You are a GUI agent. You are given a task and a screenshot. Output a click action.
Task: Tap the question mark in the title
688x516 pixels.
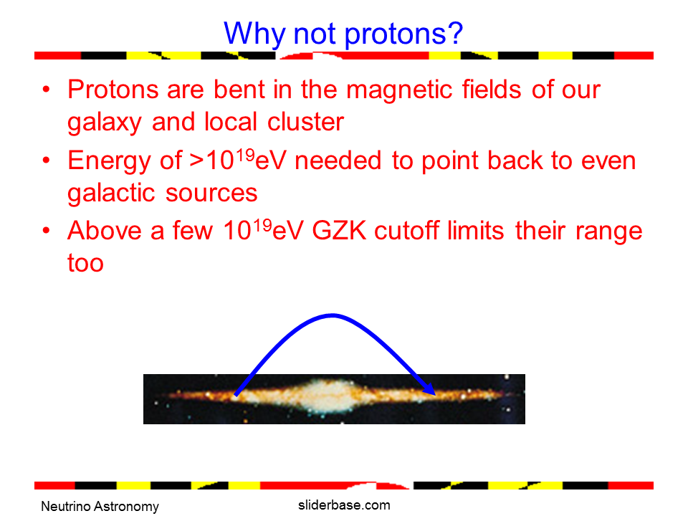(x=455, y=32)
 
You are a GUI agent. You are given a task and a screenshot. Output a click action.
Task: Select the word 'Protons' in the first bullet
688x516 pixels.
(x=113, y=90)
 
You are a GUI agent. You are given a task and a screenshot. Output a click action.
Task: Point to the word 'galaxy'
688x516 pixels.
(x=104, y=123)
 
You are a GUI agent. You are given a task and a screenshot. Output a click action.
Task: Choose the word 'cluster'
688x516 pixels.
(x=305, y=122)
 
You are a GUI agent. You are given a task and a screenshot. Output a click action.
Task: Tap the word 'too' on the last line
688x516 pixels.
(x=85, y=263)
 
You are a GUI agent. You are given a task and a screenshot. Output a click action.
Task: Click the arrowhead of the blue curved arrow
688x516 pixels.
(x=429, y=388)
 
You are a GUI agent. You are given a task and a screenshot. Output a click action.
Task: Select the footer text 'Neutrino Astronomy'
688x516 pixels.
(x=100, y=507)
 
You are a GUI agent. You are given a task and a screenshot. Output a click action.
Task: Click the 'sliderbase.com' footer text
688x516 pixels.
(x=344, y=505)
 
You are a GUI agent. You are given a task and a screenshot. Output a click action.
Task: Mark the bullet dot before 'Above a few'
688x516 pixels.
(x=46, y=230)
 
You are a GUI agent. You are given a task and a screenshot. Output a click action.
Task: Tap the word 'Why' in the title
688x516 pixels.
(x=254, y=34)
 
